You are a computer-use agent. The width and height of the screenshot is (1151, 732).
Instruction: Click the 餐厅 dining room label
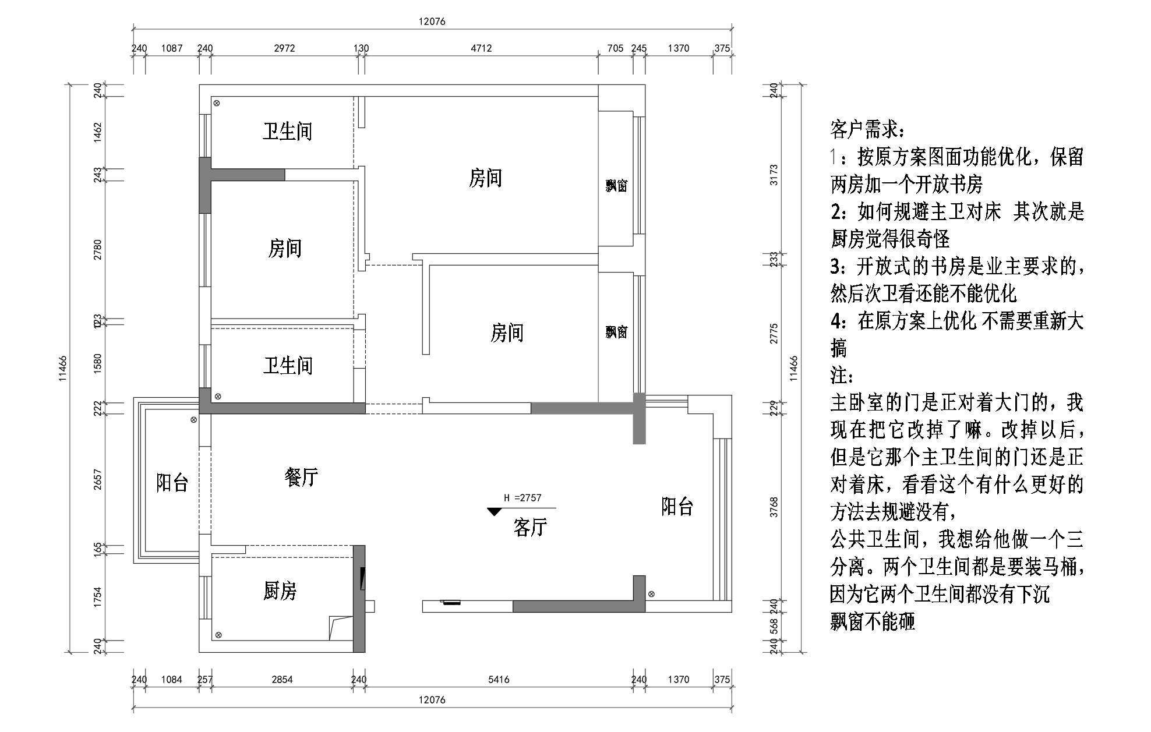point(301,478)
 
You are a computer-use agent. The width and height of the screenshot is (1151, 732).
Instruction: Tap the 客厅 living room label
point(530,527)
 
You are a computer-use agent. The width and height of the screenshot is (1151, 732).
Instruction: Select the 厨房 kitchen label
point(280,591)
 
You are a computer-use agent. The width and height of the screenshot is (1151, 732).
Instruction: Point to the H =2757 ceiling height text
point(522,498)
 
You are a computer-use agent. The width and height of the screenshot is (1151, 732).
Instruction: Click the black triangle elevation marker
point(494,511)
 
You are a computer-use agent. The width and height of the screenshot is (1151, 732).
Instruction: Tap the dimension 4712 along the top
point(481,48)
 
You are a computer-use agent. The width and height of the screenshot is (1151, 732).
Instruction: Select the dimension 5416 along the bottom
point(499,679)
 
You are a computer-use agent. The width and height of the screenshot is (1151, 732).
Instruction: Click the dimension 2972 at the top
point(284,48)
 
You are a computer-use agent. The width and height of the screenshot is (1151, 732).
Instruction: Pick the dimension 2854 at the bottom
point(282,679)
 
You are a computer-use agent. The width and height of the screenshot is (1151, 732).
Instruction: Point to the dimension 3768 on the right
point(774,507)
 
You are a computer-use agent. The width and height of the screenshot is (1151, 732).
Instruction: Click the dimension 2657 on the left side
point(98,479)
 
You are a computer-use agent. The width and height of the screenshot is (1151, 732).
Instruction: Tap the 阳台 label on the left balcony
point(172,483)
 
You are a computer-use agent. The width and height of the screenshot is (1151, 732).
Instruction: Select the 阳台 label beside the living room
point(677,507)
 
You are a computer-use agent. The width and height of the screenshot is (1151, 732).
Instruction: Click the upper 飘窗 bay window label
point(616,186)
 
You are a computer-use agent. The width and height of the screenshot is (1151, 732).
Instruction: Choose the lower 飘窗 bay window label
point(616,332)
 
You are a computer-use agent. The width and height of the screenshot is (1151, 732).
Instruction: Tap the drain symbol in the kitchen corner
point(218,635)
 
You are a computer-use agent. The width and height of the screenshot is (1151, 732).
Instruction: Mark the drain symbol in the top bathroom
point(216,104)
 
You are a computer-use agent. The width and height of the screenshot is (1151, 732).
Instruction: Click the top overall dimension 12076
point(432,22)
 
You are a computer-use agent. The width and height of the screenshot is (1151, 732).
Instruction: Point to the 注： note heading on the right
point(842,376)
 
